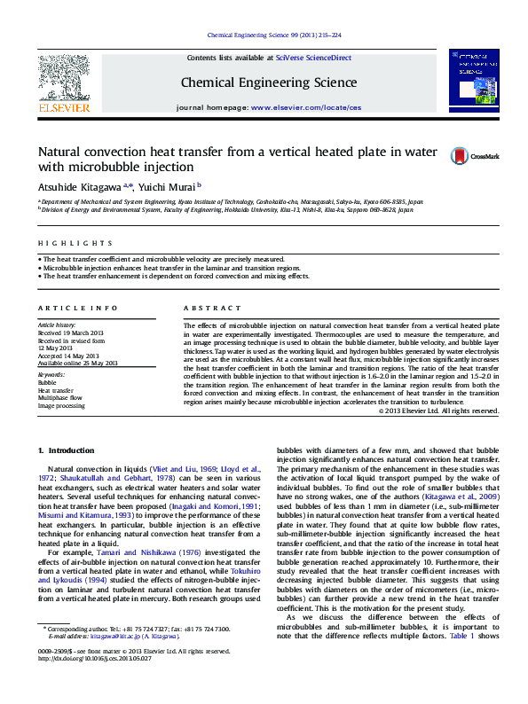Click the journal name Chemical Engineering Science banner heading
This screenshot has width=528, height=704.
(x=269, y=82)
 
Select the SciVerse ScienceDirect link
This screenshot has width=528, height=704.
(x=313, y=58)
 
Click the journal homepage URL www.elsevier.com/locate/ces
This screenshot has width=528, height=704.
(x=306, y=107)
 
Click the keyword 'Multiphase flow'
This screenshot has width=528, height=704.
(x=59, y=398)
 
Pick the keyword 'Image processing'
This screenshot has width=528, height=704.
(x=61, y=406)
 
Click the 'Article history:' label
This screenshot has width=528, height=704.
(x=58, y=325)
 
